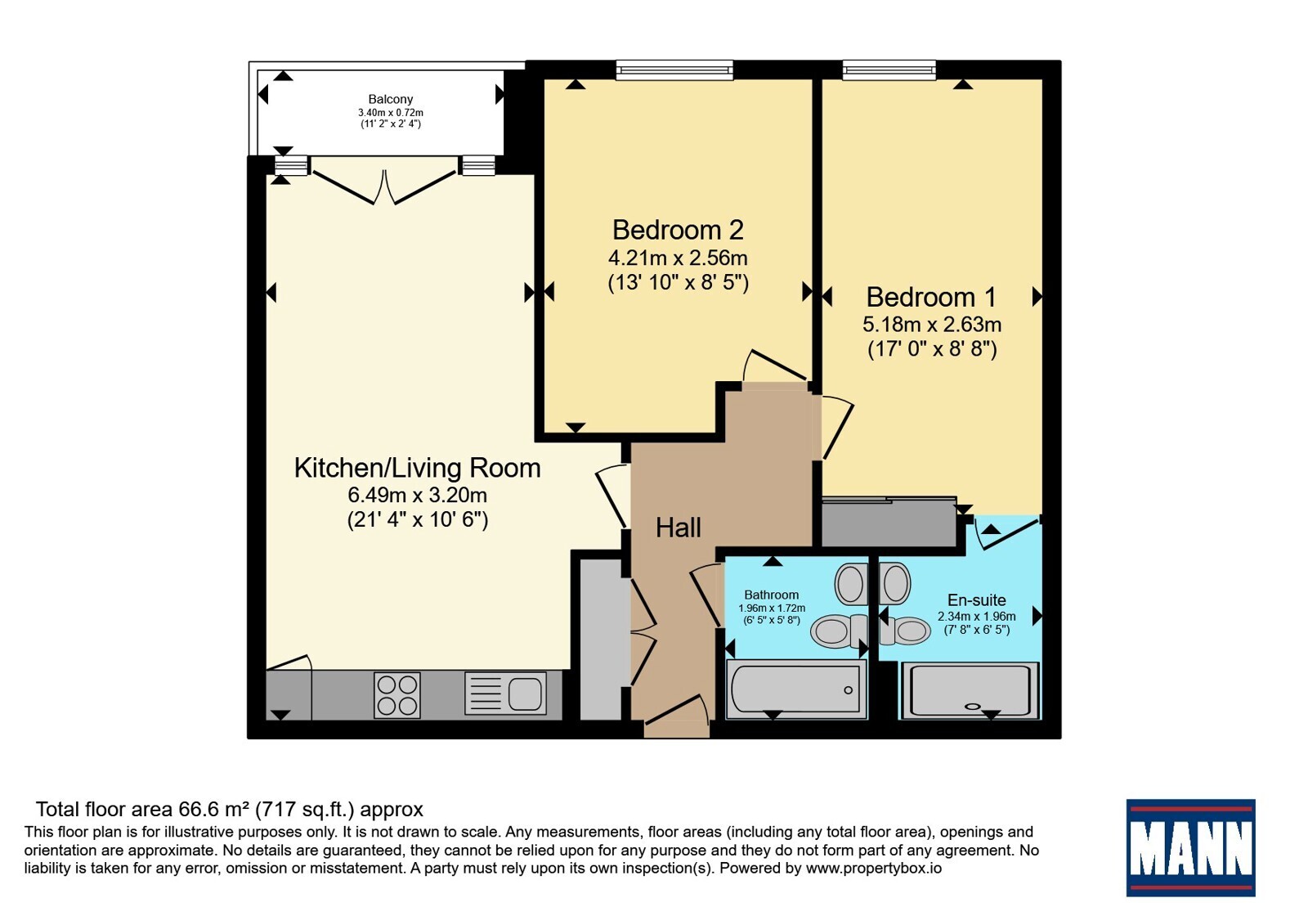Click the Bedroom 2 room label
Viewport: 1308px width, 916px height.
pos(678,230)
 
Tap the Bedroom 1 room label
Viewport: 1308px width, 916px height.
pos(931,298)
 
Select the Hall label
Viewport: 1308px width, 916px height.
pos(678,528)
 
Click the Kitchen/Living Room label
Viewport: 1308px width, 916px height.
pos(417,468)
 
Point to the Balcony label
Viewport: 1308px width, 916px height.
pos(391,99)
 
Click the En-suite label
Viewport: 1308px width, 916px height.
pos(976,600)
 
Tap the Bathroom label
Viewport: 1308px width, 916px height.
pos(772,595)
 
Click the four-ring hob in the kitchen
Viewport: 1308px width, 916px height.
pos(397,695)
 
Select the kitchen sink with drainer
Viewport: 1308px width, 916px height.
pos(506,694)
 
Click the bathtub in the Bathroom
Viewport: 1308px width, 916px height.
pos(796,689)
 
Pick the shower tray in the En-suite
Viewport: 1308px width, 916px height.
pos(970,690)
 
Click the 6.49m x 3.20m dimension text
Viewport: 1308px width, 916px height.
pos(417,496)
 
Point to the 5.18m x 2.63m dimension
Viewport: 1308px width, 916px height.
pos(932,324)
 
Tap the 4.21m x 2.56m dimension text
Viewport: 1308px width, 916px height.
pos(678,258)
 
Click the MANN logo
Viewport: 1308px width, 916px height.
pos(1190,847)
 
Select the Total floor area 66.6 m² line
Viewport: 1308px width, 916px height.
pos(230,810)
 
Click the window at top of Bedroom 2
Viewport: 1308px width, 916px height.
pos(674,70)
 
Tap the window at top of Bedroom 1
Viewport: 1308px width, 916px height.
pos(889,70)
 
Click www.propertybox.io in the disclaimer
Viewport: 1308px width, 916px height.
pos(874,868)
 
